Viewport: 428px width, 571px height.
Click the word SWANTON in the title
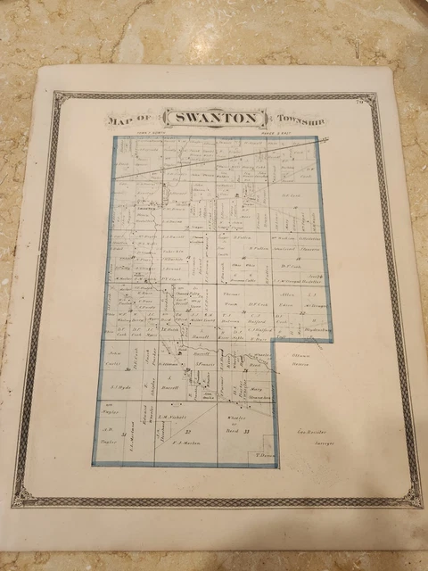coord(215,119)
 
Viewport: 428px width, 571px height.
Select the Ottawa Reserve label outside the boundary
coord(304,360)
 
